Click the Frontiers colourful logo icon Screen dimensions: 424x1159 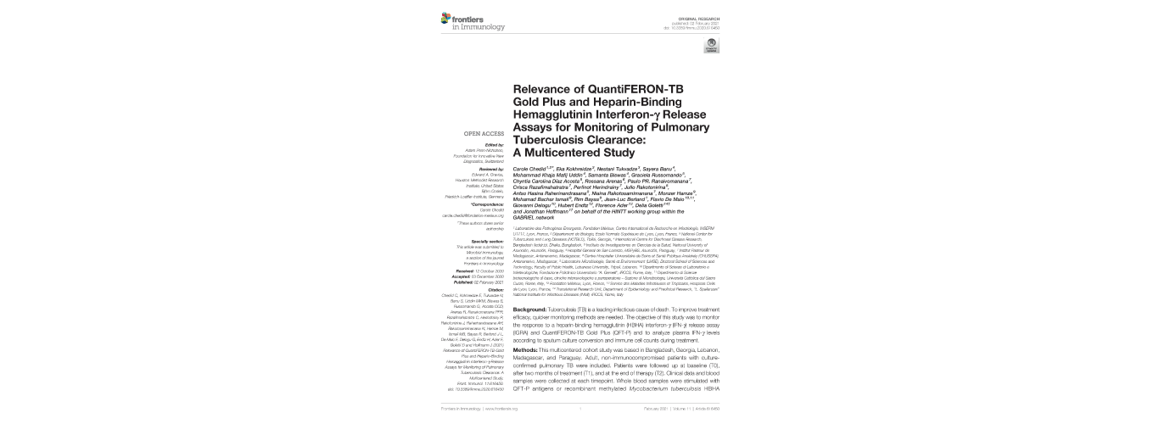pyautogui.click(x=446, y=19)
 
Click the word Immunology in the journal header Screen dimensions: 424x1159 pyautogui.click(x=483, y=26)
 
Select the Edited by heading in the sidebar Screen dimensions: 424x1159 pyautogui.click(x=495, y=145)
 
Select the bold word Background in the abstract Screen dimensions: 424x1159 pyautogui.click(x=535, y=311)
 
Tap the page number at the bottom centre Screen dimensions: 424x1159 pyautogui.click(x=579, y=408)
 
